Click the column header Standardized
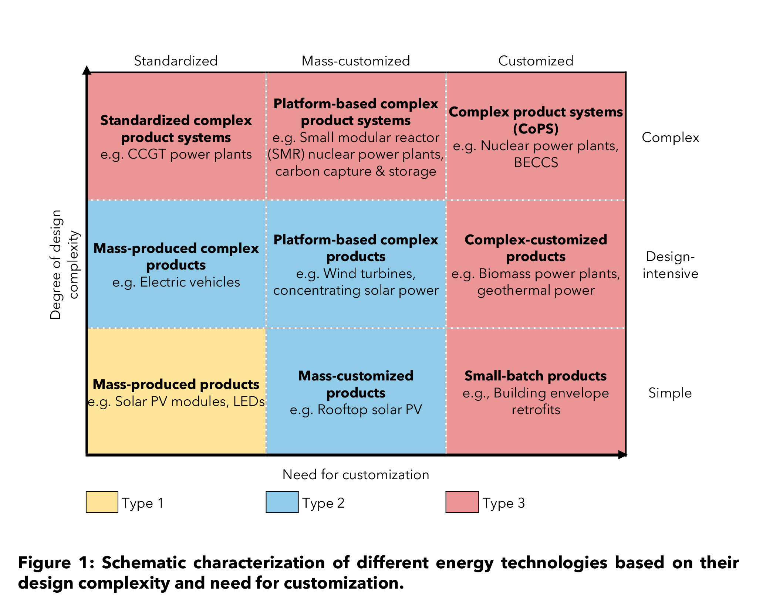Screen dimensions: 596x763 [176, 61]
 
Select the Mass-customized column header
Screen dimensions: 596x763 [356, 61]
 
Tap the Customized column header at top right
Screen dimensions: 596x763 [536, 61]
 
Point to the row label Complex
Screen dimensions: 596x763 [670, 138]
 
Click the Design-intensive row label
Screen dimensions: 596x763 [670, 265]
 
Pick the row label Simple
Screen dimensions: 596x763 [670, 393]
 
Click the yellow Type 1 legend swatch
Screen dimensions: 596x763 [102, 502]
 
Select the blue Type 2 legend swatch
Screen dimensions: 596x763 [282, 502]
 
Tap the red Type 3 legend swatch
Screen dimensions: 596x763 [462, 502]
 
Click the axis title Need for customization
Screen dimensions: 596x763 [356, 474]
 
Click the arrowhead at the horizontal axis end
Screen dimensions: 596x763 [622, 455]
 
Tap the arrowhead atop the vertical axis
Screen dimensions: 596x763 [87, 70]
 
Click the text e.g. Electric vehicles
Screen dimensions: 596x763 [176, 282]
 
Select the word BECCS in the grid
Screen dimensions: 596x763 [536, 163]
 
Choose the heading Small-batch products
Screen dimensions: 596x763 [536, 376]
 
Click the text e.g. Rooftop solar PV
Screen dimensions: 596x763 [356, 410]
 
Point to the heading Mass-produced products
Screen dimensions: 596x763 [176, 385]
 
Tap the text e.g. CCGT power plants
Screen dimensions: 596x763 [176, 154]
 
